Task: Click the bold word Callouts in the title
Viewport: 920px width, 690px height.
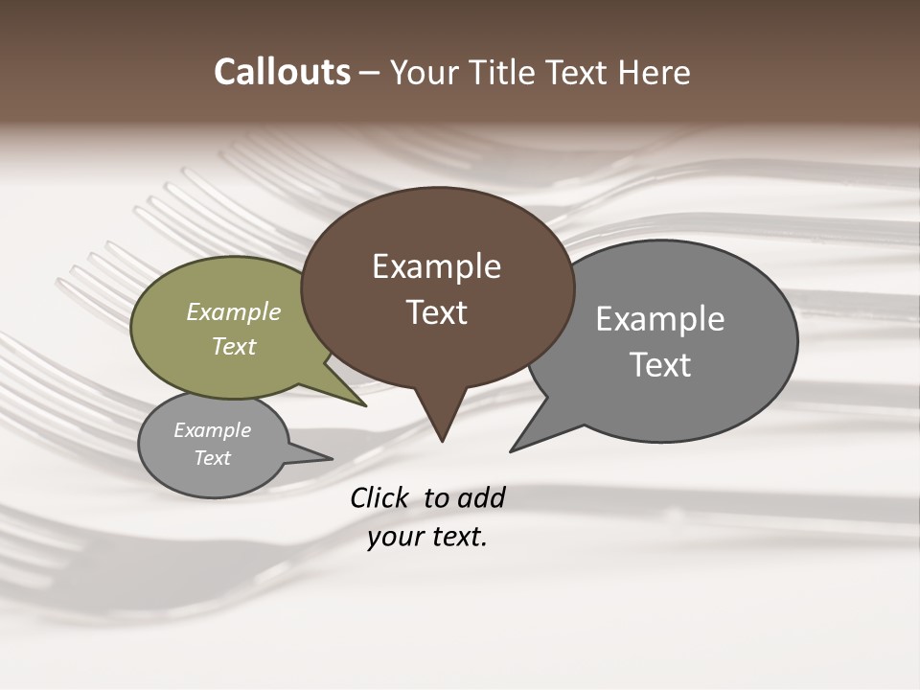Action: [282, 72]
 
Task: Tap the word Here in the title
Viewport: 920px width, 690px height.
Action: [653, 72]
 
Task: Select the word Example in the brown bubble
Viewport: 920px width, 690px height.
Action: [436, 266]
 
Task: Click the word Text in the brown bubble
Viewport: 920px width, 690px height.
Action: [436, 312]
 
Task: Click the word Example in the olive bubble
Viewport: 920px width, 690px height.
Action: [234, 312]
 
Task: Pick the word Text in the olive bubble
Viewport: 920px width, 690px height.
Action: [234, 346]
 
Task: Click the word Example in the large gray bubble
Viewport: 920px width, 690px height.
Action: [660, 319]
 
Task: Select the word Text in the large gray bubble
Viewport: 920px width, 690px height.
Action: [660, 365]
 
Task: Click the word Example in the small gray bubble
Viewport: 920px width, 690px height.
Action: [212, 430]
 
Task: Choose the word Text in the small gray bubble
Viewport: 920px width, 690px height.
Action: [212, 458]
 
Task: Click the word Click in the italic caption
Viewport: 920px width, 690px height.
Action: [381, 498]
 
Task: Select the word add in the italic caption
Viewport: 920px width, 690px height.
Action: [481, 498]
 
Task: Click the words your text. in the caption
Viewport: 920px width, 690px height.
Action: [427, 537]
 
